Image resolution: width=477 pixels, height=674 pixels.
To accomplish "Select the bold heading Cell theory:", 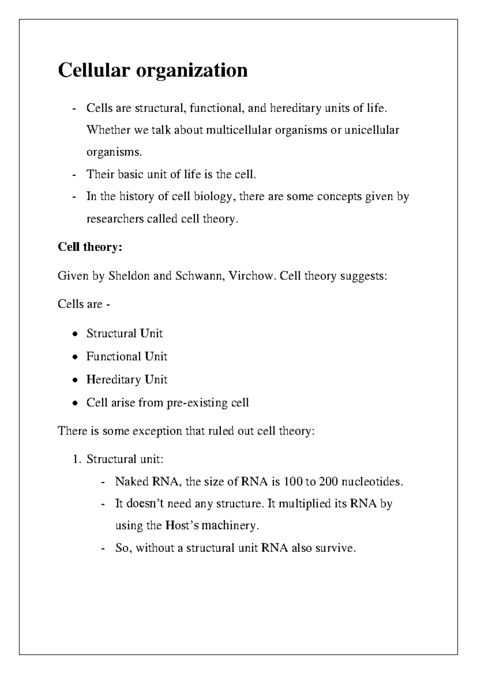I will click(x=90, y=247).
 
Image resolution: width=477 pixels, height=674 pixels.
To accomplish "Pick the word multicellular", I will click(x=238, y=130).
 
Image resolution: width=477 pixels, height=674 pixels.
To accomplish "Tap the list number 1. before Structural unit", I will click(x=76, y=459).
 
